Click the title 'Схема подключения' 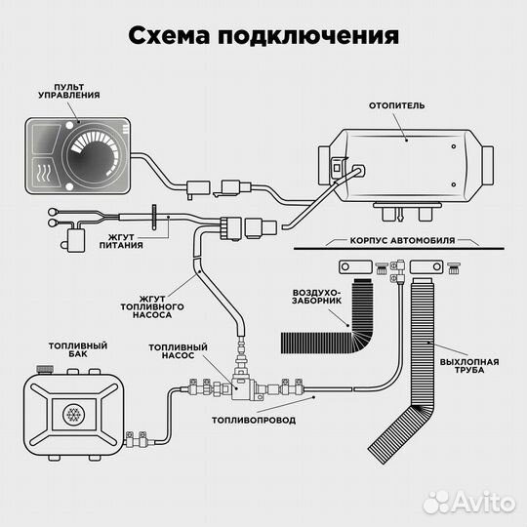pos(263,36)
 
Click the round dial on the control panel pos(96,151)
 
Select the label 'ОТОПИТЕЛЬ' pos(396,103)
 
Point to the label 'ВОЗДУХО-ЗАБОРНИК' pos(317,298)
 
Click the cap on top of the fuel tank pos(43,369)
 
